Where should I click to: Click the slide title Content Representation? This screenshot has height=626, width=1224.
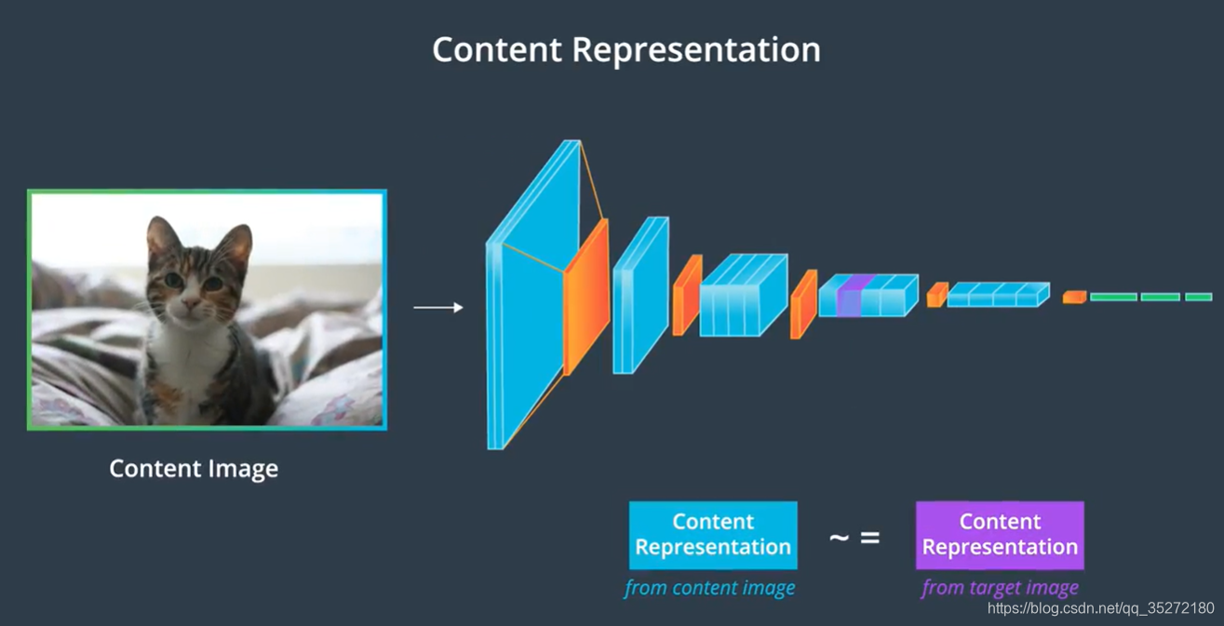[625, 49]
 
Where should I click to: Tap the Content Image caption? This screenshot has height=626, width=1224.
[194, 468]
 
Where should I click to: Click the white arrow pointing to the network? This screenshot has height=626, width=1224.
[438, 307]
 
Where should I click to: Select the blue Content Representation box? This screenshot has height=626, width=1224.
[713, 535]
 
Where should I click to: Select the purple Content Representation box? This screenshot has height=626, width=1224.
[1000, 535]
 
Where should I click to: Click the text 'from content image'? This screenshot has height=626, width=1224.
[709, 588]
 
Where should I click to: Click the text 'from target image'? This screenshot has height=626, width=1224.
[1000, 588]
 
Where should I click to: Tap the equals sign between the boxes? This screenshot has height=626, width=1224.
[869, 538]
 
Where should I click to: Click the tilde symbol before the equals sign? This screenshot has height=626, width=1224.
[839, 538]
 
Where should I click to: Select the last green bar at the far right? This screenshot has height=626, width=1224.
[1198, 297]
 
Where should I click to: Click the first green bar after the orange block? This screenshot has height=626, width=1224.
[1113, 297]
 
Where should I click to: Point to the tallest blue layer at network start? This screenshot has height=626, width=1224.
[526, 298]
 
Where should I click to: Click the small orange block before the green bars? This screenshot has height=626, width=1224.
[1074, 297]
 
